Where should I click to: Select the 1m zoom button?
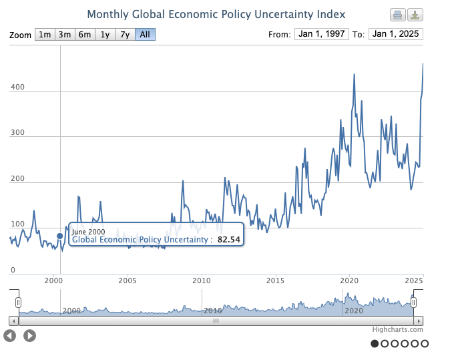pos(44,35)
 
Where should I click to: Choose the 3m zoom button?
pos(65,35)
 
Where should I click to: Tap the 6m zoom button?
pos(85,35)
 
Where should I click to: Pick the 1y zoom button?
pos(105,35)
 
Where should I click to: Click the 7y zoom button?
pos(125,35)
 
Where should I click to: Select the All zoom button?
pos(145,35)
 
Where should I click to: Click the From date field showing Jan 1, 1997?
pos(321,34)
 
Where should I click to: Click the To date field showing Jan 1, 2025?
pos(396,34)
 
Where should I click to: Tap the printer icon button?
pos(397,15)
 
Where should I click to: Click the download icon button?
pos(415,15)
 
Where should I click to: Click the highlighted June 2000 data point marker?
pos(60,235)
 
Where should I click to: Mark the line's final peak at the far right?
pos(423,63)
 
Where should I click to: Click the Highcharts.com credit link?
pos(398,329)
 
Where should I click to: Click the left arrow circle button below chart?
pos(10,335)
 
